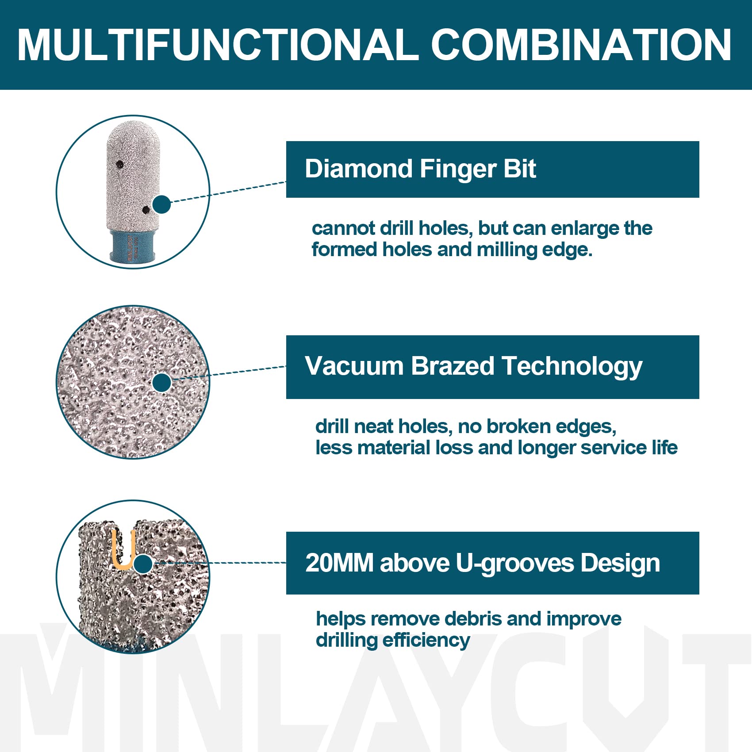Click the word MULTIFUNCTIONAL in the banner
[218, 45]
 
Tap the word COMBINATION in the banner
[581, 45]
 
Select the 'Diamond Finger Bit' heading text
[420, 169]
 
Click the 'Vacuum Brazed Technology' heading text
[473, 367]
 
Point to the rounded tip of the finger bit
[133, 130]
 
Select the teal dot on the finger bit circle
[162, 204]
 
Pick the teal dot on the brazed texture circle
[162, 383]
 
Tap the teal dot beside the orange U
[143, 564]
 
